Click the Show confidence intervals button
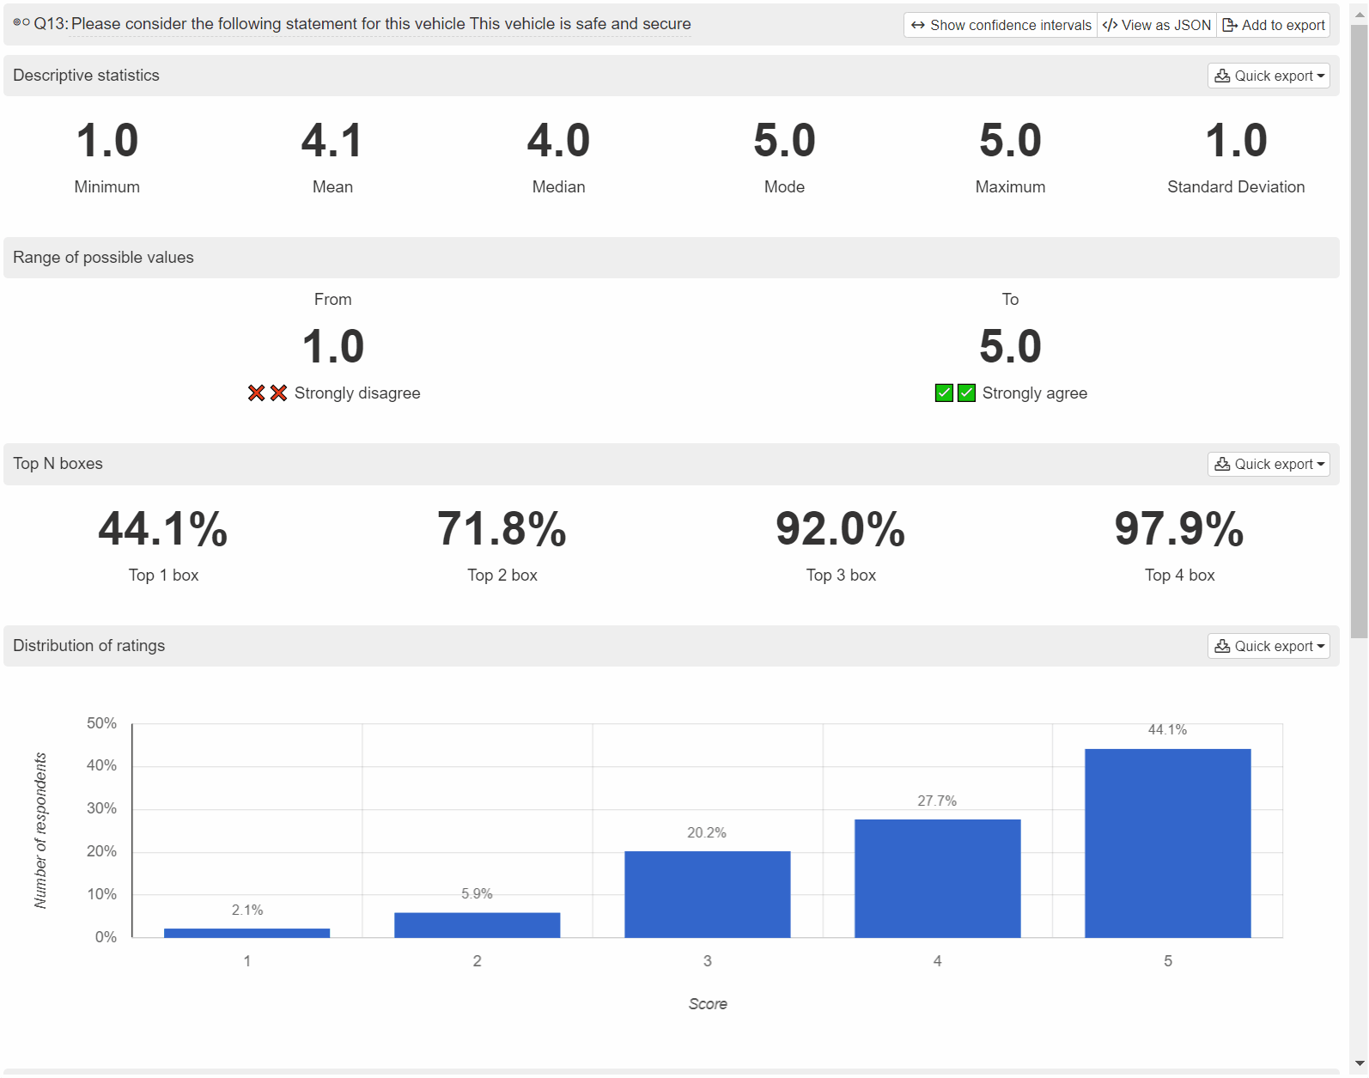click(x=1000, y=25)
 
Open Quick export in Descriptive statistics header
click(x=1269, y=76)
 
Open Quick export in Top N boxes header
click(x=1269, y=464)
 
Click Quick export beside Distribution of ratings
click(x=1269, y=646)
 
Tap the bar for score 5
click(x=1167, y=844)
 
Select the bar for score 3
click(x=708, y=894)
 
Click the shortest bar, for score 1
click(x=246, y=933)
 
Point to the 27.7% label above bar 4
click(x=937, y=801)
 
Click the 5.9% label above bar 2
click(x=477, y=893)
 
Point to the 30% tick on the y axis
click(x=102, y=808)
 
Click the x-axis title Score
click(x=708, y=1003)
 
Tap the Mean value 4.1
click(x=332, y=140)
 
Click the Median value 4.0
click(x=558, y=140)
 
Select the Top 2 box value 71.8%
click(x=502, y=529)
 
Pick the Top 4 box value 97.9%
click(x=1179, y=529)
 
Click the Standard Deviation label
click(x=1236, y=186)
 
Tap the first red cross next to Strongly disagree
click(x=257, y=393)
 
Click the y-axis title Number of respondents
click(x=40, y=831)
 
